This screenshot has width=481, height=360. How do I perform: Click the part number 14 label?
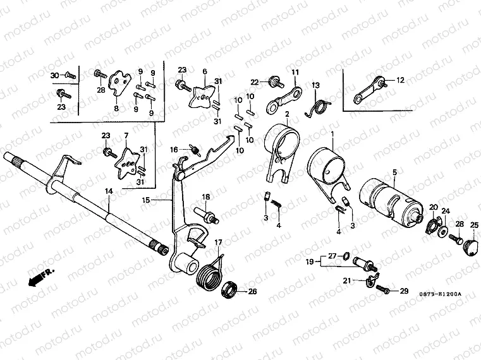coord(109,190)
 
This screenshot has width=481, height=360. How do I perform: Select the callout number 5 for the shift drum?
coord(394,172)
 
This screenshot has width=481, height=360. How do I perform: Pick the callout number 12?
coord(400,80)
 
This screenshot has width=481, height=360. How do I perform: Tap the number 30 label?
coord(54,75)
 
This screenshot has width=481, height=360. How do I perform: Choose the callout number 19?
coord(310,261)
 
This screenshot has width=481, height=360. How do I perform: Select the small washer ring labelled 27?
coord(346,256)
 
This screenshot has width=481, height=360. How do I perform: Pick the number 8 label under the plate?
coord(116,109)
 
